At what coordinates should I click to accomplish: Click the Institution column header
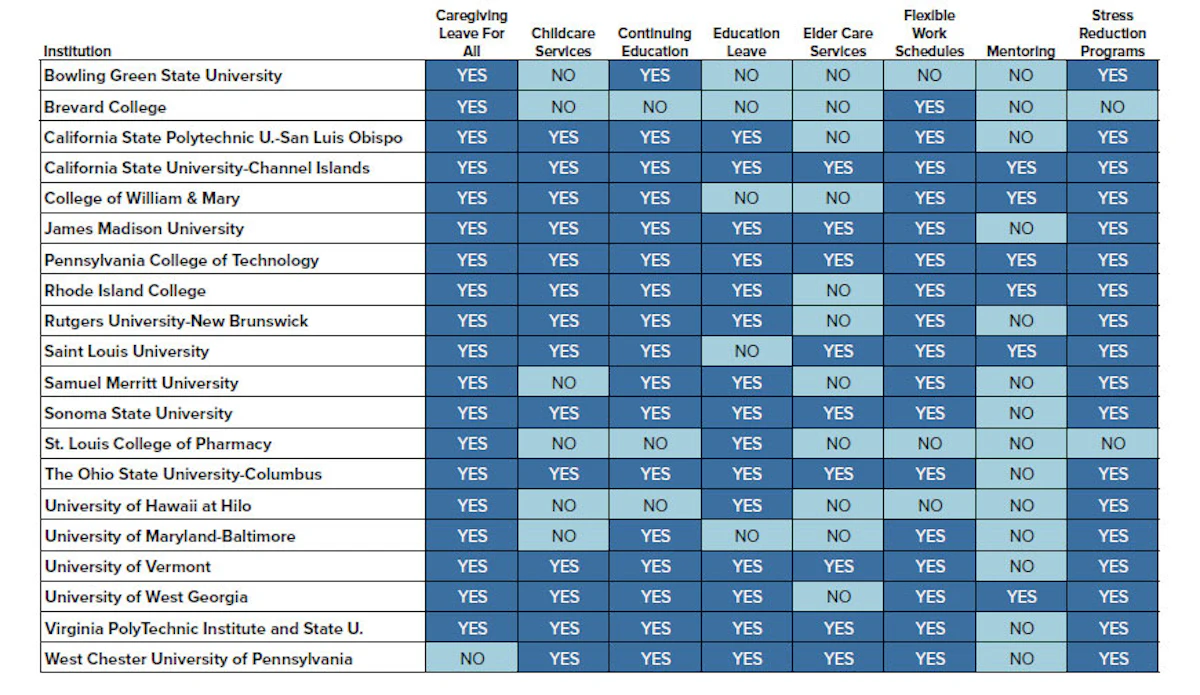pos(77,51)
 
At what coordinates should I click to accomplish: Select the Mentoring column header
pos(1021,51)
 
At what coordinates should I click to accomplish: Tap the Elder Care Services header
pos(838,42)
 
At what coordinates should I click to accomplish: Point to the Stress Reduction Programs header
pos(1112,33)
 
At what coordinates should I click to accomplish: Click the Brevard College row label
pos(105,107)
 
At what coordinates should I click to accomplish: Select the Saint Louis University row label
pos(126,352)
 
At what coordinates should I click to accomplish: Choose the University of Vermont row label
pos(128,566)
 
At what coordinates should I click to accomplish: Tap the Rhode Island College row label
pos(125,290)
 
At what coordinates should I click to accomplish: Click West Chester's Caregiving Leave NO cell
pos(471,658)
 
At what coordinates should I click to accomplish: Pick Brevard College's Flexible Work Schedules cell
pos(929,107)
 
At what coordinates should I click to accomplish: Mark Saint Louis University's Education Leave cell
pos(746,352)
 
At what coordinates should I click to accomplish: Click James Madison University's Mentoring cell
pos(1021,229)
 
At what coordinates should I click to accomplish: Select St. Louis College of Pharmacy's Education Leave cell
pos(746,443)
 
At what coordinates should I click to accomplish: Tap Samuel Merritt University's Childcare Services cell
pos(563,383)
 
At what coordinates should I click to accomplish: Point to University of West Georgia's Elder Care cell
pos(838,596)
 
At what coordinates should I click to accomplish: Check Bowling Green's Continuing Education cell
pos(655,76)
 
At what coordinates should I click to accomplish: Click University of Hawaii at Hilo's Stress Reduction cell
pos(1113,505)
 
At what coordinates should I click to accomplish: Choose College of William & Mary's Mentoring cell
pos(1021,198)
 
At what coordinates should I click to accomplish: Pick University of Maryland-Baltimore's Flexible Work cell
pos(929,536)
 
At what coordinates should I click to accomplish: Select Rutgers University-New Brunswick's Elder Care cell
pos(838,321)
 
